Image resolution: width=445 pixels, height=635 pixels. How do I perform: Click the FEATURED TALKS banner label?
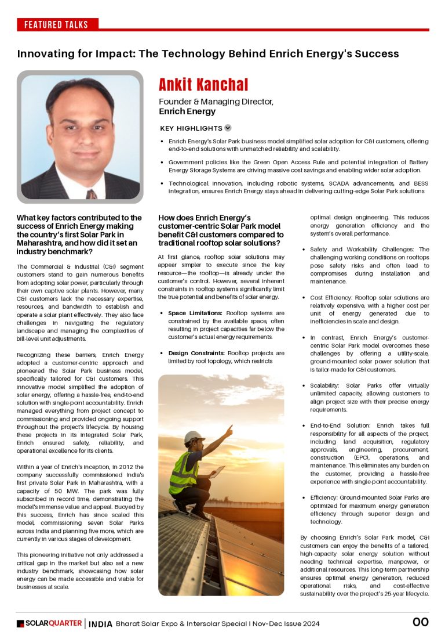tap(56, 24)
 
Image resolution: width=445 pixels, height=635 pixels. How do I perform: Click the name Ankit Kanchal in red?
tap(203, 85)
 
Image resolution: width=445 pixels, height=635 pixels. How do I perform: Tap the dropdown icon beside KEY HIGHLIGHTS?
tap(228, 128)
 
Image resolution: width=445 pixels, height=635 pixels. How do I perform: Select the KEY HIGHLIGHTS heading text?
tap(191, 128)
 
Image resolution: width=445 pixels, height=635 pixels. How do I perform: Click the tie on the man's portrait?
tap(91, 194)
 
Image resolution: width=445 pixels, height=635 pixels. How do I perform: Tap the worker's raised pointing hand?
tap(229, 429)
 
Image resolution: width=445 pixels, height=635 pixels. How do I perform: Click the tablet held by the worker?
tap(217, 472)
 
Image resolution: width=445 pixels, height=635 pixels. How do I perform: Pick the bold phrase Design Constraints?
tap(197, 353)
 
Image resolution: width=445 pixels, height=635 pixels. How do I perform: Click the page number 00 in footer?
tap(420, 622)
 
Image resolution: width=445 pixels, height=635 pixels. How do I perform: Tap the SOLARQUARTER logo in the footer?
tap(49, 623)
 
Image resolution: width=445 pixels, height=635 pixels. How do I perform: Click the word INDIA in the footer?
tap(100, 624)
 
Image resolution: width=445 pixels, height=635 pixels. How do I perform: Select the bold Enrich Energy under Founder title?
tap(187, 111)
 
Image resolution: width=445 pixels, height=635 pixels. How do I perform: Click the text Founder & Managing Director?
tap(216, 101)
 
